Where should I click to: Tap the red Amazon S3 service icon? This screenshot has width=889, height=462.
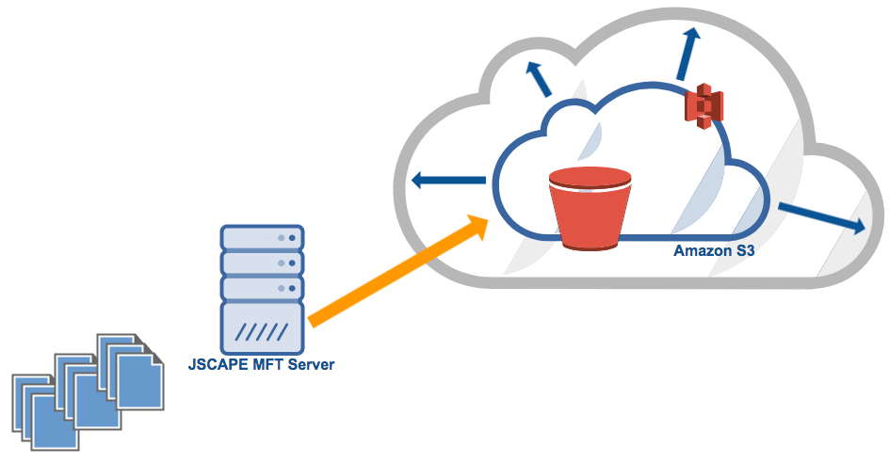point(702,105)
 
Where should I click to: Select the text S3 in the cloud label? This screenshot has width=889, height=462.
point(745,251)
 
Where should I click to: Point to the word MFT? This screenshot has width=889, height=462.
point(268,364)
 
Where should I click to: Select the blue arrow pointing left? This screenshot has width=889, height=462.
point(448,182)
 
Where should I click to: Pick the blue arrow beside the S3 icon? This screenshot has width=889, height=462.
point(687,52)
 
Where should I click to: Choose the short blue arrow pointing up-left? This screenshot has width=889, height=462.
point(540,79)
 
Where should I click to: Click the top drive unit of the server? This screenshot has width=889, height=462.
point(262,237)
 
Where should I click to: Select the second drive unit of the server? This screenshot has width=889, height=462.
point(262,263)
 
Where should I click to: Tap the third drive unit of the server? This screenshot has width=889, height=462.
point(262,288)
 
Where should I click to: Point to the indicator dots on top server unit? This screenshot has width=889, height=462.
point(287,237)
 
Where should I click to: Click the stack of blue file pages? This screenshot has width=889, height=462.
point(87,386)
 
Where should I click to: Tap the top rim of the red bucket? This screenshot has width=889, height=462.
point(590,176)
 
